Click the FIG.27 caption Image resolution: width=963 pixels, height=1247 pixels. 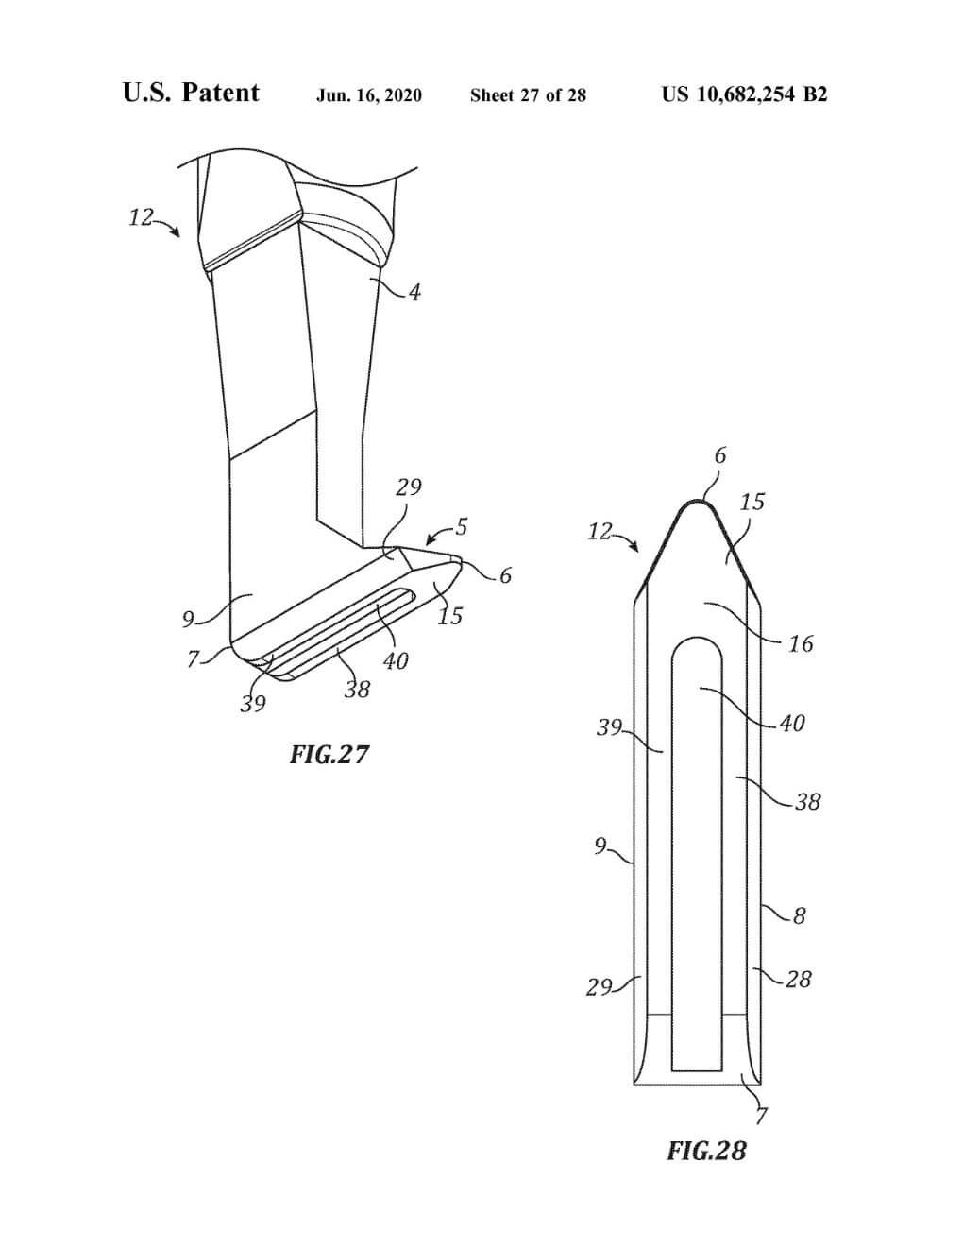point(329,754)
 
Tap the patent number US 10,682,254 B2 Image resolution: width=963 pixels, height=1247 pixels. point(745,94)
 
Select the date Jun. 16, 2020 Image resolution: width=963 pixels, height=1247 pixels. point(369,95)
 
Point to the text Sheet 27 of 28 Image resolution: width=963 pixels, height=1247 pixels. point(529,95)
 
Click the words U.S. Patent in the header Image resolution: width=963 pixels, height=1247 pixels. point(191,93)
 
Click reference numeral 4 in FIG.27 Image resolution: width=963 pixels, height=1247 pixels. point(414,293)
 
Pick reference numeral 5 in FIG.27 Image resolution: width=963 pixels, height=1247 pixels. point(462,526)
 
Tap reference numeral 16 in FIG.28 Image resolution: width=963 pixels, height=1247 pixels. point(801,644)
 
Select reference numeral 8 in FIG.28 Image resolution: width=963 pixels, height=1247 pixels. point(800,915)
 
